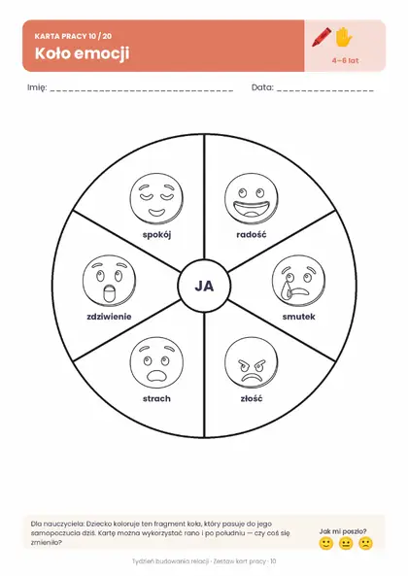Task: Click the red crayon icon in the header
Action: (x=322, y=37)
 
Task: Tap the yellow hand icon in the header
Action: (x=344, y=37)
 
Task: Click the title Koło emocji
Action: (x=83, y=54)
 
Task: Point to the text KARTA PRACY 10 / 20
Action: (x=74, y=36)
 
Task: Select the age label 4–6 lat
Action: (x=345, y=60)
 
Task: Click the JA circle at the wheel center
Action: (x=204, y=287)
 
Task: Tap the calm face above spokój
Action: (x=156, y=199)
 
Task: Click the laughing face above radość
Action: (x=252, y=199)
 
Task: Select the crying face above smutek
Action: (x=299, y=281)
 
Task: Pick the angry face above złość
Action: (x=252, y=363)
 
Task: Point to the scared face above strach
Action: (x=156, y=363)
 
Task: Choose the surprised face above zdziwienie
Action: (x=110, y=281)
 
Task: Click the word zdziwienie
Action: (x=109, y=317)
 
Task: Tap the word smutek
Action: (x=299, y=317)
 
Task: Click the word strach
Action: (x=156, y=398)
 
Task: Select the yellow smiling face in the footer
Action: (x=325, y=543)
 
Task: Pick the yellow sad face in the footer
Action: (x=365, y=543)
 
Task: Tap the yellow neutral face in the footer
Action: (x=346, y=543)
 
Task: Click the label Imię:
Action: (x=37, y=87)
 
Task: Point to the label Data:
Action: (x=262, y=87)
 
